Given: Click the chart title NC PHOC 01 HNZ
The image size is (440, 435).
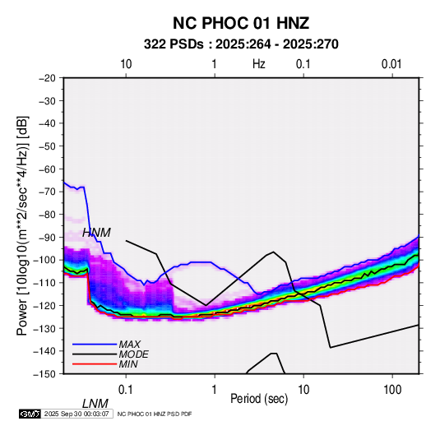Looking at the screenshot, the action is point(241,23).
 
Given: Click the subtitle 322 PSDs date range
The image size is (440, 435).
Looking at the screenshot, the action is point(241,44).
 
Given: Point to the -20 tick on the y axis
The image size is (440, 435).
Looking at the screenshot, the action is point(47,78).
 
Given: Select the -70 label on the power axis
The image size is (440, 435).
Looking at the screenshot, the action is point(47,192).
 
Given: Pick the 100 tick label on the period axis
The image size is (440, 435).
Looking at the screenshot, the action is point(392,390).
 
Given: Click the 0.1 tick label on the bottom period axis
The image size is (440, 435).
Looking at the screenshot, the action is point(126,390).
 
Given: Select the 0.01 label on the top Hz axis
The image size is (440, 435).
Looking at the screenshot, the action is point(391,64).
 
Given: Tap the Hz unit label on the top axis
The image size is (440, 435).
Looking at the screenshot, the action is point(259,64).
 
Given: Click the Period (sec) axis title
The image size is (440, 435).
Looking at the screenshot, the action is point(259,399).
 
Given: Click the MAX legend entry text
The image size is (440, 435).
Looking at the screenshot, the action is point(129,345).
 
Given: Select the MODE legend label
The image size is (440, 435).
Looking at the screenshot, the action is point(133,354).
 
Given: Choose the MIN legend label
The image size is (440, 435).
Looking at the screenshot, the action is point(128,364).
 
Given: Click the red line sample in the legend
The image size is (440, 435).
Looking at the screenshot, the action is point(95,364).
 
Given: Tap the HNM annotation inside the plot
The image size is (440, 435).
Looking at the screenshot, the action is point(96,233).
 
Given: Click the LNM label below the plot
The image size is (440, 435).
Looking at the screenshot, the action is point(95,404).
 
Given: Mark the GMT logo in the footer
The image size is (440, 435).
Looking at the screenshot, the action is point(30,414).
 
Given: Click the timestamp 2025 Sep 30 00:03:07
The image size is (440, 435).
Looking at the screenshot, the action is point(76,414).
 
